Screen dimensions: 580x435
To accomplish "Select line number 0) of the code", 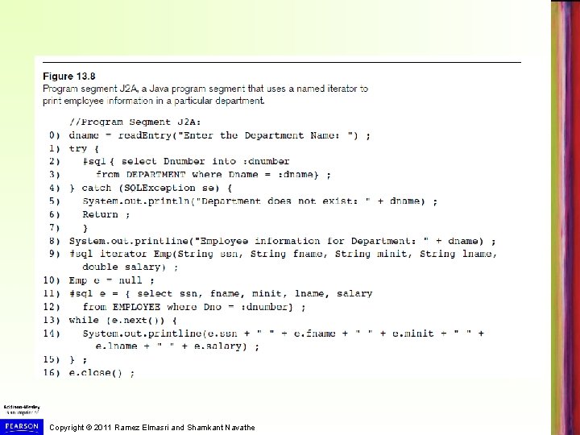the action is [x=54, y=135].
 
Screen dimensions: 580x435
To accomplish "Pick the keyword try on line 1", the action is [x=78, y=148].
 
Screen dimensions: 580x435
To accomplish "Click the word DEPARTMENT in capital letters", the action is [x=155, y=175].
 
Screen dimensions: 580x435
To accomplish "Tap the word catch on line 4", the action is [x=117, y=188].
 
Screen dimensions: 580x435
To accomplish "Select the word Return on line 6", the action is [x=101, y=214].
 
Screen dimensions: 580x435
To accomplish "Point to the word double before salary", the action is [x=101, y=267].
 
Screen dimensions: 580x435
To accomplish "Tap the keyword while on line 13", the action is [x=85, y=320].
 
